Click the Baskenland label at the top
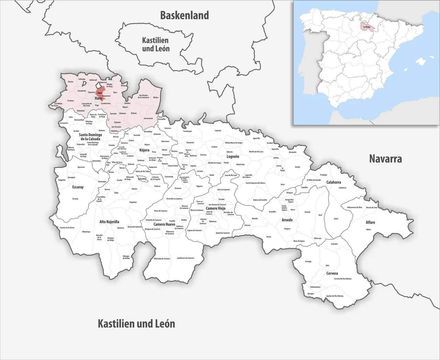pyautogui.click(x=185, y=15)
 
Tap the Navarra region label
pyautogui.click(x=385, y=159)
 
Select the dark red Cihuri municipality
pyautogui.click(x=100, y=93)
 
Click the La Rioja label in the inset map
pyautogui.click(x=366, y=26)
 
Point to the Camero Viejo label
pyautogui.click(x=216, y=208)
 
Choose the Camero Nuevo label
pyautogui.click(x=164, y=224)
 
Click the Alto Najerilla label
pyautogui.click(x=109, y=222)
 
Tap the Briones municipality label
pyautogui.click(x=134, y=113)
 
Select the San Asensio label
pyautogui.click(x=148, y=118)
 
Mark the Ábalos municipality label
pyautogui.click(x=156, y=97)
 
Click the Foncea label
pyautogui.click(x=70, y=81)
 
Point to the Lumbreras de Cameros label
pyautogui.click(x=185, y=258)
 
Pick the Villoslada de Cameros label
pyautogui.click(x=162, y=259)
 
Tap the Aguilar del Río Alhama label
pyautogui.click(x=334, y=296)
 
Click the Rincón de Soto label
pyautogui.click(x=372, y=207)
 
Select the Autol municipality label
pyautogui.click(x=336, y=219)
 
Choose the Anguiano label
pyautogui.click(x=133, y=202)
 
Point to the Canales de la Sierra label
pyautogui.click(x=67, y=228)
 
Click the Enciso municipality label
pyautogui.click(x=268, y=237)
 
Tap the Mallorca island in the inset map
pyautogui.click(x=420, y=62)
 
